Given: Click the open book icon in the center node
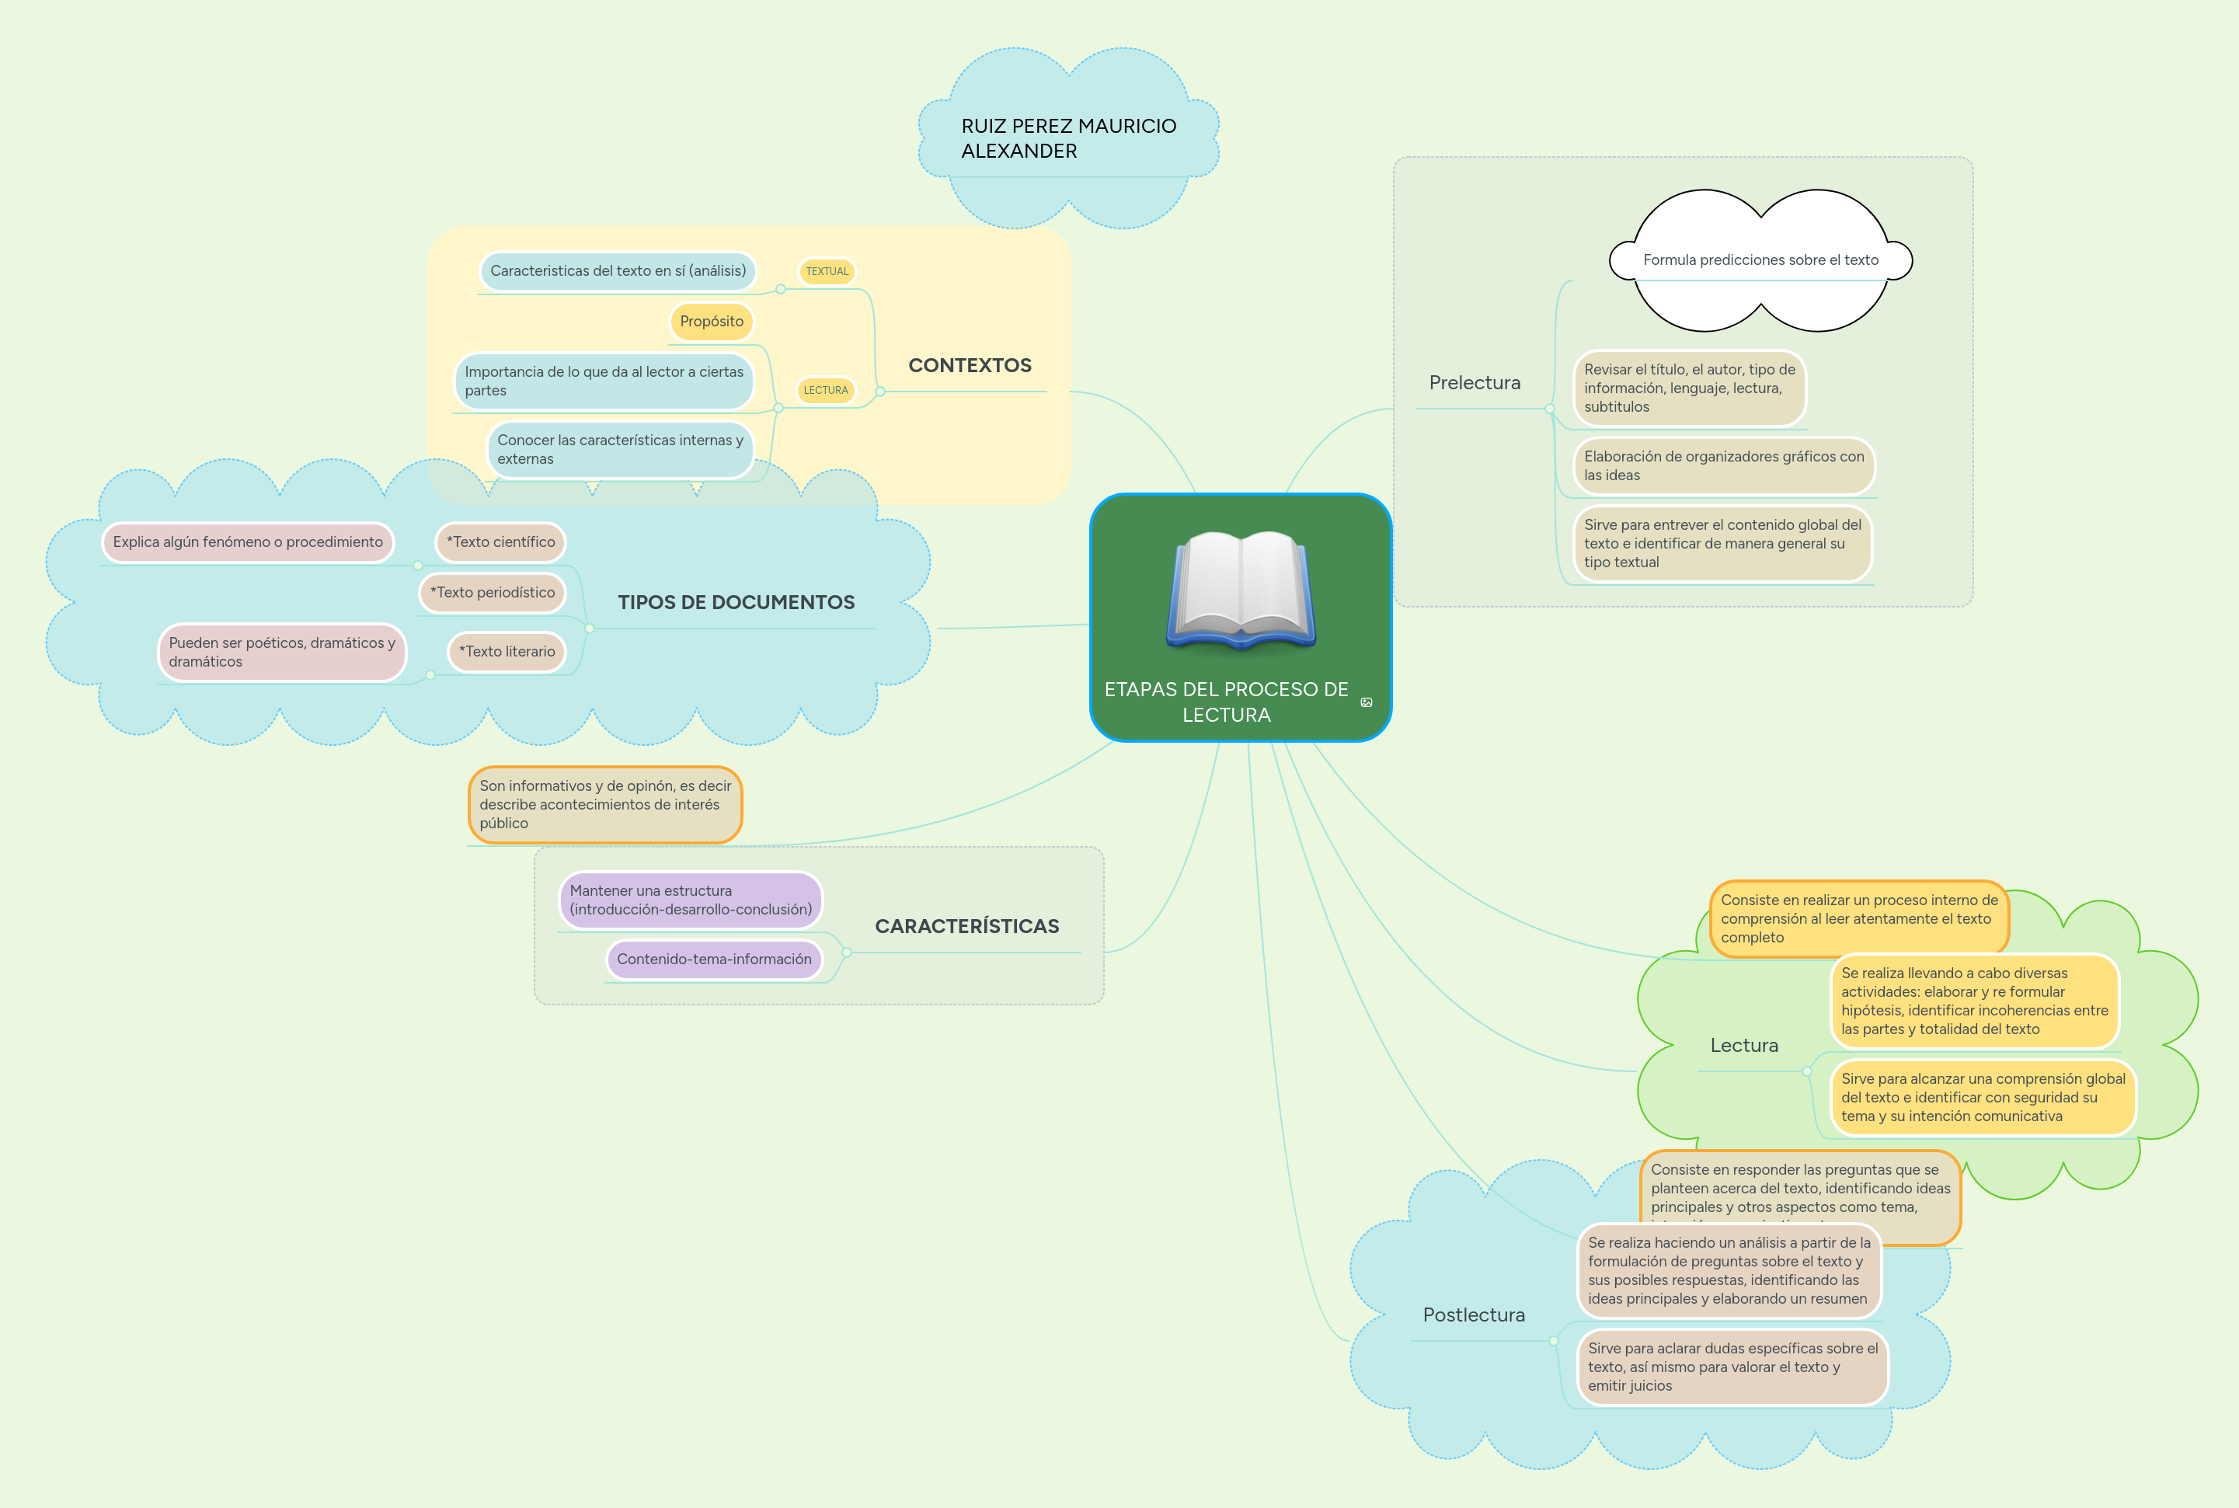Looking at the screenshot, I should (x=1241, y=589).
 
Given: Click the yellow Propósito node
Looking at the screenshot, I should (x=712, y=321).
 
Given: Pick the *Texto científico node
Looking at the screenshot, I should (x=500, y=542).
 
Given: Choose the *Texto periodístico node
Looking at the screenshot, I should (x=493, y=593).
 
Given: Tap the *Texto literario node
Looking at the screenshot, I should (x=507, y=652).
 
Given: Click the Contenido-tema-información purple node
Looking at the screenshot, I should (x=714, y=959).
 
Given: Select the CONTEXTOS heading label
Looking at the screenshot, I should (x=970, y=365).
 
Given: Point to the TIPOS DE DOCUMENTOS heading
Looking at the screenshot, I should (x=736, y=603).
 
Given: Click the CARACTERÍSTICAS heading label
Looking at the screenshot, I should (x=966, y=926).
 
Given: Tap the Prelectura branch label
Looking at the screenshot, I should (x=1475, y=383).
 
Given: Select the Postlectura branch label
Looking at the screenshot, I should (x=1474, y=1315).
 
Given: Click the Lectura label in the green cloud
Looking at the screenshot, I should (x=1743, y=1046).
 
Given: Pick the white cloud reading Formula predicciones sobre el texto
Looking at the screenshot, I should (x=1760, y=260).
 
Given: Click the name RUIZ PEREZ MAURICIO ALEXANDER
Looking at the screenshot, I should (x=1067, y=138).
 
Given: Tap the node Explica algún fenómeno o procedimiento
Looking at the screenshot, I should (x=248, y=542).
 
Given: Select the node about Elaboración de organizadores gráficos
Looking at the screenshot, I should (x=1723, y=466).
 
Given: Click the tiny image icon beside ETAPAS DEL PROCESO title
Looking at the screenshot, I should (x=1367, y=703).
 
